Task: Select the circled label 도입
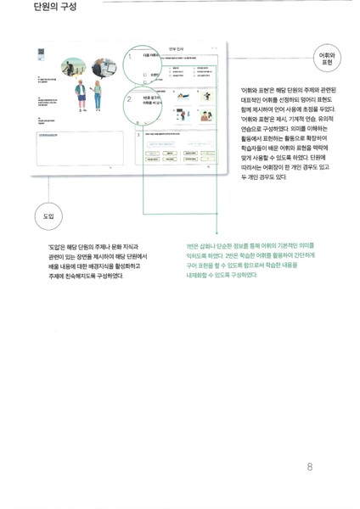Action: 48,217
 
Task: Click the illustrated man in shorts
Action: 82,95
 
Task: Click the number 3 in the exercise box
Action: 138,134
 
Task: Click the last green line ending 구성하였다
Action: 220,274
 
